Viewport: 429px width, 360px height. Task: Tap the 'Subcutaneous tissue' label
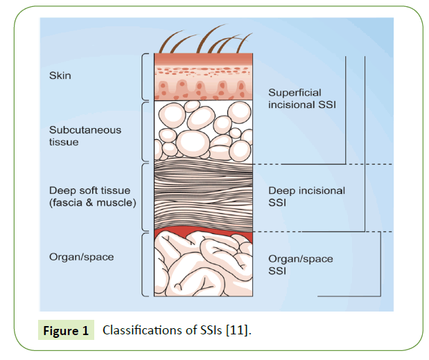tap(75, 136)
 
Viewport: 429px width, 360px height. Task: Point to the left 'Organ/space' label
tap(81, 257)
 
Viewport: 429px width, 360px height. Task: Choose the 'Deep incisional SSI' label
tap(306, 196)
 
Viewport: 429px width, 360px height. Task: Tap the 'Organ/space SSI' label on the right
tap(300, 264)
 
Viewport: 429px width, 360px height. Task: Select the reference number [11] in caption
tap(238, 330)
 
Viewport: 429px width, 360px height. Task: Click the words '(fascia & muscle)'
tap(92, 202)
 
